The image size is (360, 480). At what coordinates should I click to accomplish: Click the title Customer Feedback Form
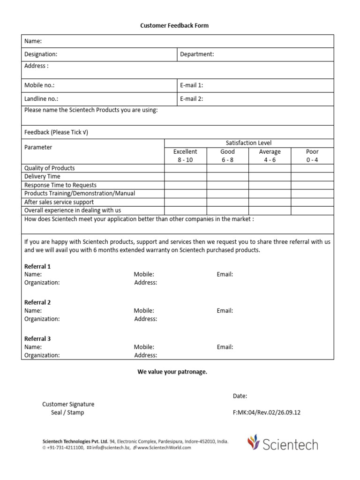tap(174, 26)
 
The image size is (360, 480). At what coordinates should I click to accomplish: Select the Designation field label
tap(41, 54)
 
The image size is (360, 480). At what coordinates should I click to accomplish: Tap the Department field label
tap(197, 54)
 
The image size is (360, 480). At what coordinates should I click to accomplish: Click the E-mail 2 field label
tap(191, 99)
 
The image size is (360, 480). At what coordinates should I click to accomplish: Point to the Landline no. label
tap(41, 99)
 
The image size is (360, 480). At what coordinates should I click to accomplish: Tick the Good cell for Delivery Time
tap(227, 177)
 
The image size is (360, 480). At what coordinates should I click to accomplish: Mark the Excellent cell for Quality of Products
tap(185, 168)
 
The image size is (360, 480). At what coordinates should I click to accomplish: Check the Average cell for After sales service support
tap(270, 202)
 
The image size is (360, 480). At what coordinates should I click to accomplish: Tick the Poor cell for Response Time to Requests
tap(312, 185)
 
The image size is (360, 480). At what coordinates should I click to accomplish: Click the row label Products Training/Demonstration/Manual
tap(79, 194)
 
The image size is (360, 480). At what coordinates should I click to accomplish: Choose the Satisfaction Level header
tap(248, 143)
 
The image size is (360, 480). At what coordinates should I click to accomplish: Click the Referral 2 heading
tap(37, 302)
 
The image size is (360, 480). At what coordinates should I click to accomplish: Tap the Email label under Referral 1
tap(225, 274)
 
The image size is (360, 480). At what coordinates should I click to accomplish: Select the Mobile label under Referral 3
tap(144, 347)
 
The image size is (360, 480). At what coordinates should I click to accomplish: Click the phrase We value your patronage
tap(172, 372)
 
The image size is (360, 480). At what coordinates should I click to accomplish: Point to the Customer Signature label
tap(68, 404)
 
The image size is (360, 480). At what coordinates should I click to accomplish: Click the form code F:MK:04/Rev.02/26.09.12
tap(266, 412)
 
